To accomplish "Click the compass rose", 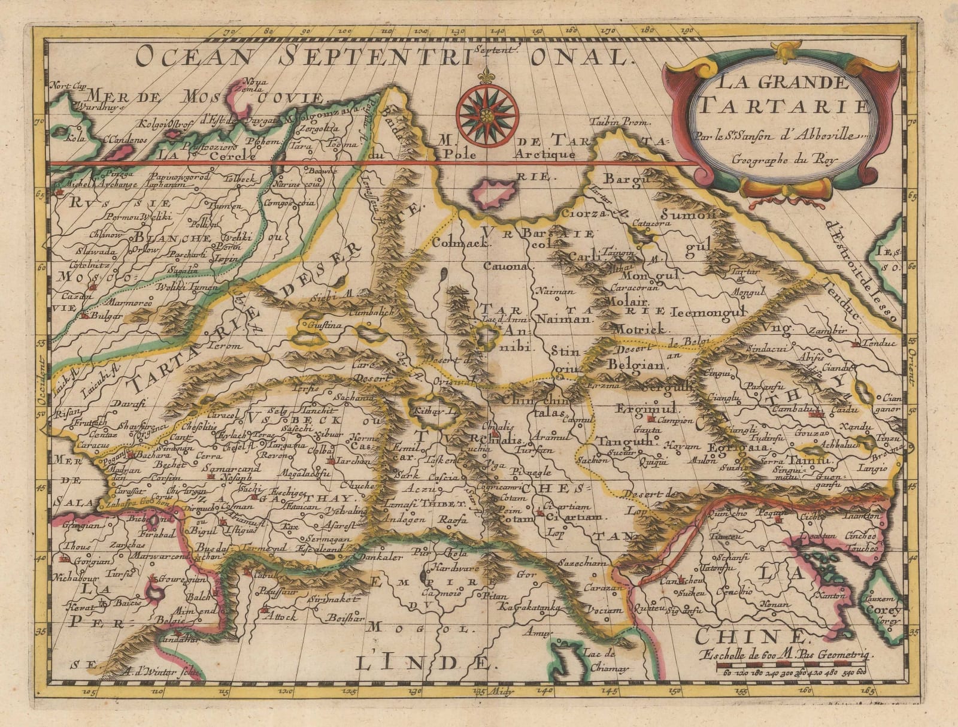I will [487, 111].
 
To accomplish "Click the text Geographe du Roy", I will [785, 159].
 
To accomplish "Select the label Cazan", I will [75, 297].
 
